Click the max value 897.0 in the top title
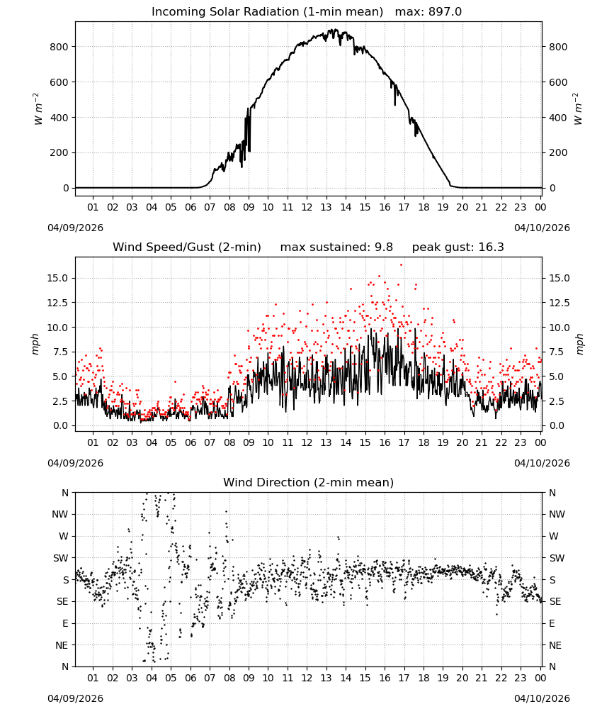tap(445, 11)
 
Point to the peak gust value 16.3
tap(491, 247)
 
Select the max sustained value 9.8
tap(383, 247)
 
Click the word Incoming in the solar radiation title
tap(174, 12)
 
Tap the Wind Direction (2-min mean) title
tap(309, 482)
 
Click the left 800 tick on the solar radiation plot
tap(59, 47)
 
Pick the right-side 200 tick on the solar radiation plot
tap(558, 152)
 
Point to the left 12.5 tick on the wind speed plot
tap(57, 303)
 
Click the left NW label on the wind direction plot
tap(60, 514)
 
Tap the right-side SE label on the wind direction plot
tap(555, 601)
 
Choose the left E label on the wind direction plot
tap(65, 623)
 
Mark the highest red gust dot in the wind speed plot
tap(401, 264)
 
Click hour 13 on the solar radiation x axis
tap(326, 207)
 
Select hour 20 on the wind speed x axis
tap(462, 442)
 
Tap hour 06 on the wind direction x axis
tap(191, 678)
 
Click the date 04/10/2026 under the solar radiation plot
tap(542, 228)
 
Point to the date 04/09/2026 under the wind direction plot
tap(75, 698)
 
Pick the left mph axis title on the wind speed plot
tap(35, 344)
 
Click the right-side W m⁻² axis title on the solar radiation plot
tap(578, 109)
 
